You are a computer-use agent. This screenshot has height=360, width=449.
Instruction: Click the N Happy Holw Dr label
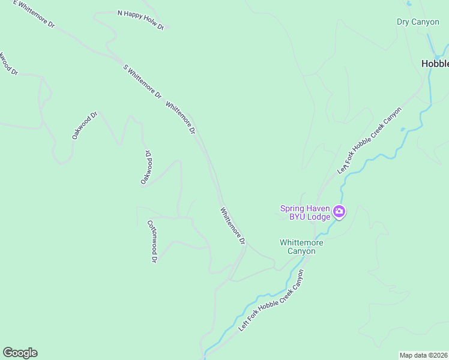[x=140, y=20]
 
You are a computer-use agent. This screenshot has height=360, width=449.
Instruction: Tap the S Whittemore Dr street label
[x=142, y=82]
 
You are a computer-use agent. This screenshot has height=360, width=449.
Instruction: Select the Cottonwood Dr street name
[x=152, y=241]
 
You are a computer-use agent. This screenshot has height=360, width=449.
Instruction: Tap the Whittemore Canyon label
[x=301, y=247]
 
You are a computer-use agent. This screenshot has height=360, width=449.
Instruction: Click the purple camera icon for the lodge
[x=339, y=211]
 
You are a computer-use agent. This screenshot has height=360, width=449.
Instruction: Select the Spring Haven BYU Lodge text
[x=305, y=212]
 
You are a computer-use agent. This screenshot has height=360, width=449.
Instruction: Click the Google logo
[x=20, y=353]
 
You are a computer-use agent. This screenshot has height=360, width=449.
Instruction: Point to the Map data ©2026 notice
[x=424, y=355]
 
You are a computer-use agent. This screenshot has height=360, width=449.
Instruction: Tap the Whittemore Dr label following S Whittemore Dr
[x=181, y=118]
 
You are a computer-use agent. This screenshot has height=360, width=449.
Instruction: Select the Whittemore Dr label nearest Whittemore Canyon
[x=233, y=226]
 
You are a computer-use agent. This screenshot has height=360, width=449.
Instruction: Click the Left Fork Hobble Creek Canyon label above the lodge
[x=369, y=141]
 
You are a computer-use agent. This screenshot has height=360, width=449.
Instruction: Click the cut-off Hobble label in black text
[x=435, y=63]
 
